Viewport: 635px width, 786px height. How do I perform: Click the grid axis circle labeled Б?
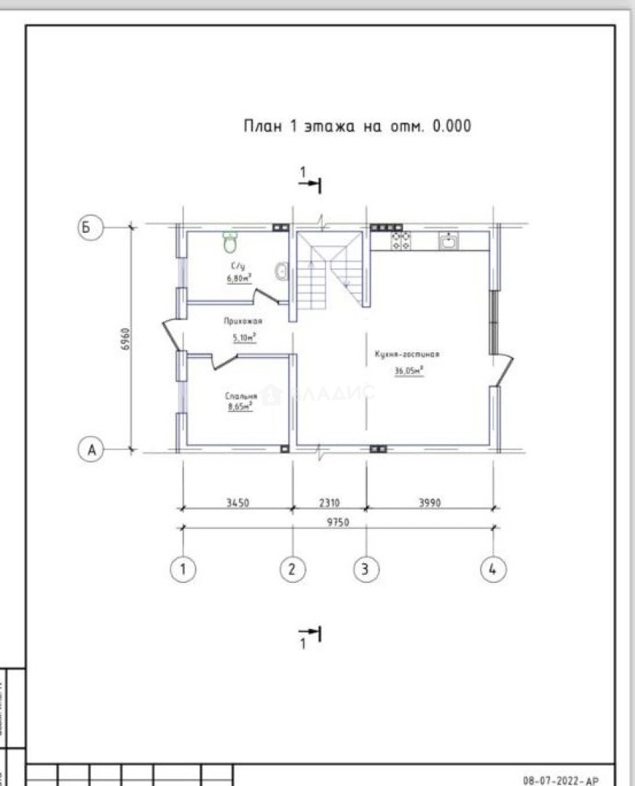click(x=87, y=227)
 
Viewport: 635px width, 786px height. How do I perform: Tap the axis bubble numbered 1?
click(x=183, y=569)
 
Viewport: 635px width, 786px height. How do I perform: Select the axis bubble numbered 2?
click(x=292, y=569)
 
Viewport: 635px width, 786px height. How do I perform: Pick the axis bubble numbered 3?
click(x=366, y=569)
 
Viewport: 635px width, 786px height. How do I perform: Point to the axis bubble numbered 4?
click(x=493, y=569)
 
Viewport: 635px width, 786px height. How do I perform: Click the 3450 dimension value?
click(x=237, y=502)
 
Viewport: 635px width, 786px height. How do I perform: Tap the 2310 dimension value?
click(x=329, y=502)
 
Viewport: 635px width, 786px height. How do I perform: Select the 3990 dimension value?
click(x=430, y=502)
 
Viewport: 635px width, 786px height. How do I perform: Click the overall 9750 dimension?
click(x=337, y=523)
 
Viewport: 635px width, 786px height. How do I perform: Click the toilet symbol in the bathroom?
click(x=231, y=239)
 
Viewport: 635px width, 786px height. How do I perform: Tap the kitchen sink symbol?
click(x=448, y=240)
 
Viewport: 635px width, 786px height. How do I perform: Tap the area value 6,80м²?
click(x=239, y=279)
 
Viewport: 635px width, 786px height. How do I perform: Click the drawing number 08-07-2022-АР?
click(x=560, y=779)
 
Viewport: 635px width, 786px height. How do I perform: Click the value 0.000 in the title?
click(x=451, y=126)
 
